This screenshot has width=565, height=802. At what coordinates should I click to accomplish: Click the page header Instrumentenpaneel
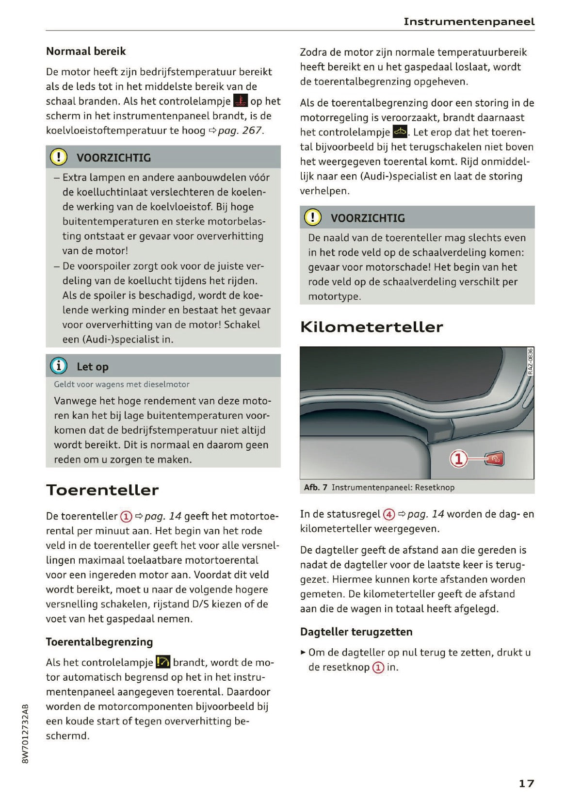(x=468, y=22)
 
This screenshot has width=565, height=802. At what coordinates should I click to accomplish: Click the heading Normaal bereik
(x=86, y=51)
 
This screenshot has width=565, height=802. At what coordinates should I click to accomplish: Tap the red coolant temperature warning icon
(x=240, y=100)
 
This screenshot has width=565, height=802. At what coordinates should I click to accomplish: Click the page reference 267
(x=251, y=131)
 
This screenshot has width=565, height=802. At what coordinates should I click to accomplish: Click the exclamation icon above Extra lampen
(x=59, y=157)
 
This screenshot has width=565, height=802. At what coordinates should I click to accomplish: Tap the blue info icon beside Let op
(x=59, y=366)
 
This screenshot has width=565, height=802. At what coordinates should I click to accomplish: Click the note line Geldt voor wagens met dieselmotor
(x=122, y=384)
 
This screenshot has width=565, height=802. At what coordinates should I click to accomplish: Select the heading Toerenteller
(x=102, y=490)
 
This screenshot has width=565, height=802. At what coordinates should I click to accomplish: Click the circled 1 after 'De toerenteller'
(x=126, y=516)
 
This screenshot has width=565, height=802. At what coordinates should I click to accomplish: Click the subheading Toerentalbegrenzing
(x=99, y=642)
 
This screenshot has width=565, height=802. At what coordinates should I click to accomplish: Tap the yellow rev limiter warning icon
(x=163, y=662)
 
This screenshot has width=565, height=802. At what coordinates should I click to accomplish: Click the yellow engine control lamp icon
(x=400, y=131)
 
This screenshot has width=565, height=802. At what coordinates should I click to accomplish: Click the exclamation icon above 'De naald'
(x=313, y=217)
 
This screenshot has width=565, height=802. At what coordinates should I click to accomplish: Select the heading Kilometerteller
(x=371, y=327)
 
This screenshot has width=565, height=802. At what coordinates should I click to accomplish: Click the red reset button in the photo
(x=495, y=458)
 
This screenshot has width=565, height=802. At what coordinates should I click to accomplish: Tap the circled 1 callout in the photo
(x=459, y=458)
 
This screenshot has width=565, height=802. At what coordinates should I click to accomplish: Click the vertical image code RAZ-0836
(x=530, y=361)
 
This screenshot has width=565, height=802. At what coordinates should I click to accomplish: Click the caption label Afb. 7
(x=316, y=487)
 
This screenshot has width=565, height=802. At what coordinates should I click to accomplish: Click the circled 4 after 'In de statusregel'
(x=389, y=514)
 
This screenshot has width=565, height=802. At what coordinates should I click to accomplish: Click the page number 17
(x=526, y=783)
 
